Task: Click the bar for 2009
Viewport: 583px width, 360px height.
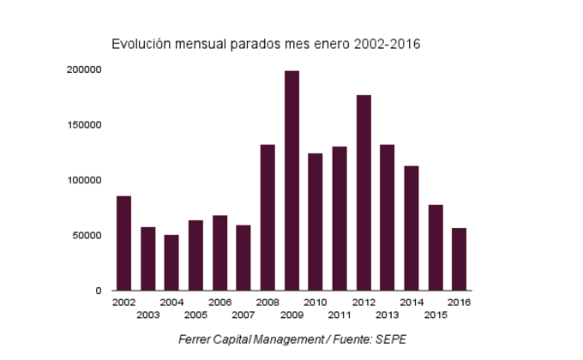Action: click(291, 181)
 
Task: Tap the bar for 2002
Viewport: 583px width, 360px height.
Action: click(123, 243)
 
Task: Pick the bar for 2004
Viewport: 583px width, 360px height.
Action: click(171, 262)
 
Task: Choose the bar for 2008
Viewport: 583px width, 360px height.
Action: click(267, 218)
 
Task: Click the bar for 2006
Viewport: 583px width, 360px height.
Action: click(219, 253)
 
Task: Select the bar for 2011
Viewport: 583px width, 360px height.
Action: click(340, 219)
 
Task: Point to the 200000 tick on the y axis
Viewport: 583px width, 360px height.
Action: click(85, 69)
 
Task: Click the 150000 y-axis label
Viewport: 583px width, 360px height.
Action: click(85, 125)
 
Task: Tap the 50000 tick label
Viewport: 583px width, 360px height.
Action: click(87, 236)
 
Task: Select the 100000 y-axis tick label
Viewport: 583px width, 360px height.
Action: click(85, 180)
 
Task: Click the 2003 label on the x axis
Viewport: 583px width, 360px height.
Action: click(147, 315)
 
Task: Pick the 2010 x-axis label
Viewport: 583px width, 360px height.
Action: click(316, 303)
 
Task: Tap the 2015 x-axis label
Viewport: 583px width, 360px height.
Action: click(436, 315)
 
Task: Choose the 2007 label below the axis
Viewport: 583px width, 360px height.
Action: click(243, 315)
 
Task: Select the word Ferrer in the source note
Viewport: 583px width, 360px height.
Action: click(195, 339)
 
